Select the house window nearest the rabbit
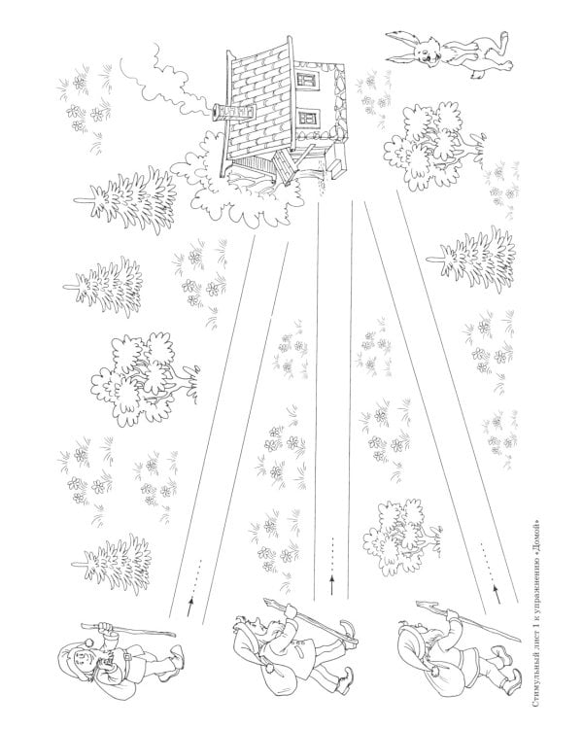tap(306, 79)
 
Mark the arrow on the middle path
tap(332, 566)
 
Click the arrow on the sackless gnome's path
tap(194, 587)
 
